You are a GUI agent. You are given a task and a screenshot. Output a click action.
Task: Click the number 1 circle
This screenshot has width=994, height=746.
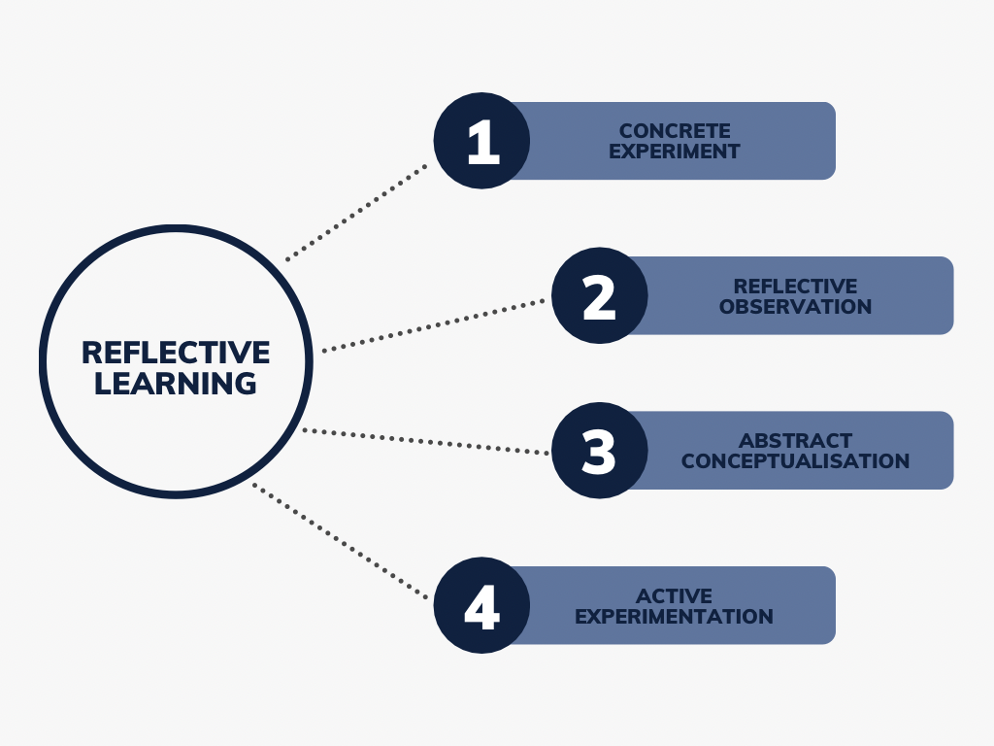(481, 141)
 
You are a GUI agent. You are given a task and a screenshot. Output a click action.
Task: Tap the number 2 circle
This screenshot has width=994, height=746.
(600, 295)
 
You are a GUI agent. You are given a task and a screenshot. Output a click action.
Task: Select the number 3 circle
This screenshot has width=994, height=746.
(600, 451)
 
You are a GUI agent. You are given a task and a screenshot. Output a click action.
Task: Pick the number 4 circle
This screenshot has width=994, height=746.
(481, 605)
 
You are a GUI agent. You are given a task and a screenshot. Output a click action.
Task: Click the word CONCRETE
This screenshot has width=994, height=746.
(675, 131)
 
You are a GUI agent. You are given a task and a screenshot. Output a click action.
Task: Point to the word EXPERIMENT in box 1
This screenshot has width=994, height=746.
(675, 152)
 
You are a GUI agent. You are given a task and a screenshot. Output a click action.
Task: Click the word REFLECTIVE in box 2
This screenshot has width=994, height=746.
(795, 287)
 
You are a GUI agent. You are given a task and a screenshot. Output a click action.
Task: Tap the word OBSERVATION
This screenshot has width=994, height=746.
(795, 307)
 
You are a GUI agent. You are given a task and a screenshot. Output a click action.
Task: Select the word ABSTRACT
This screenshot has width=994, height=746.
(795, 441)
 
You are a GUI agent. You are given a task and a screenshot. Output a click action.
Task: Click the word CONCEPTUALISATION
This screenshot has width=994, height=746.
(795, 461)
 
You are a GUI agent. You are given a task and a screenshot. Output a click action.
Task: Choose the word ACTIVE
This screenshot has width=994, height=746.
(675, 596)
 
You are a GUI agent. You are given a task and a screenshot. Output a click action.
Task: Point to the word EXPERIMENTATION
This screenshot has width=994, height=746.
(675, 617)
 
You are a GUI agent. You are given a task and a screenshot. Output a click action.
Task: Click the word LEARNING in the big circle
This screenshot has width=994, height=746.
(176, 383)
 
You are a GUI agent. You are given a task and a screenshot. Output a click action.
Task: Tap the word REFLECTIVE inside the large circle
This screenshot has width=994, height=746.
(176, 352)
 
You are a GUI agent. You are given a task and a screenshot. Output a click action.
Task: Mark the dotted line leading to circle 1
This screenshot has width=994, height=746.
(357, 213)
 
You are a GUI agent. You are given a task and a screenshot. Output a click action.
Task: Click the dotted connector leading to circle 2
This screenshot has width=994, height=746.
(434, 325)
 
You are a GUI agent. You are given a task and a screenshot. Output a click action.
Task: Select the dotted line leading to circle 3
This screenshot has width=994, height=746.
(427, 442)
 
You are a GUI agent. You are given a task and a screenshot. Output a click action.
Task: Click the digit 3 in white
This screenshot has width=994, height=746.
(599, 451)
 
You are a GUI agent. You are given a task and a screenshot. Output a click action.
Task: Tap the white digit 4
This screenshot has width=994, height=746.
(480, 606)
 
